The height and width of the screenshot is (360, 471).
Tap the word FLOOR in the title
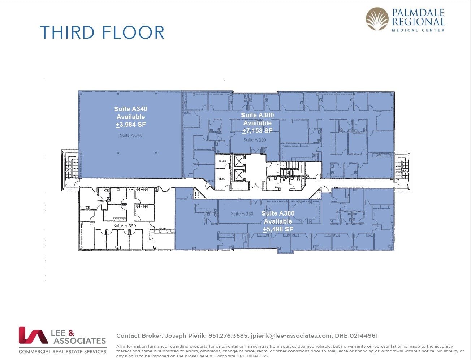[133, 32]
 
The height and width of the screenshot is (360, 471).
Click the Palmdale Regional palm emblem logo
[377, 19]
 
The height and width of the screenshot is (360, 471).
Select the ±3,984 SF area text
[131, 125]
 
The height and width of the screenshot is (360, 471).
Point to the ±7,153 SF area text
[257, 131]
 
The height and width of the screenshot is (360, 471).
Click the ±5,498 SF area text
[278, 229]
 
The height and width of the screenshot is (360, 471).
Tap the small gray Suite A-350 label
[124, 226]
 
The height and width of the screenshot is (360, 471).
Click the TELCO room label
[222, 161]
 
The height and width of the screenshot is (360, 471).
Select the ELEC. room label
[222, 179]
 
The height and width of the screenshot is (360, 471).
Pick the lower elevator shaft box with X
[239, 175]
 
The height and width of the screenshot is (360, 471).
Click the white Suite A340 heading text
[131, 109]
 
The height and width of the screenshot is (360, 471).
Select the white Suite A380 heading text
[278, 213]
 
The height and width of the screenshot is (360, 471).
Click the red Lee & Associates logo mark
[33, 335]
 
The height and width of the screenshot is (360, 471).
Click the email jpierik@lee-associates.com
[291, 335]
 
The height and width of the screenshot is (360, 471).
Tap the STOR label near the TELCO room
[211, 181]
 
